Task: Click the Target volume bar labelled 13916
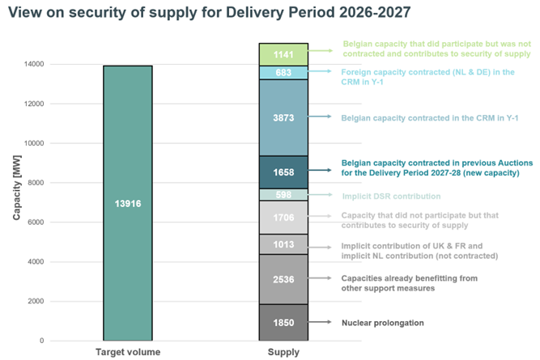127,203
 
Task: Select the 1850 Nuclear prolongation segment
283,322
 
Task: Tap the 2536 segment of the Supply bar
283,279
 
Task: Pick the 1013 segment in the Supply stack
283,244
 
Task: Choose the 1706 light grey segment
283,217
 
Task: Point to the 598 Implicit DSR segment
283,195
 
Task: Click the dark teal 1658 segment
283,172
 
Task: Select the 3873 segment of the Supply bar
283,117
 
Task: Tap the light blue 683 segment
283,73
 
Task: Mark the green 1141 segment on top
283,54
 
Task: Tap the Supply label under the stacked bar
283,352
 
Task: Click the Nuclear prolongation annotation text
383,323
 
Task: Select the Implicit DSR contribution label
391,196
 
